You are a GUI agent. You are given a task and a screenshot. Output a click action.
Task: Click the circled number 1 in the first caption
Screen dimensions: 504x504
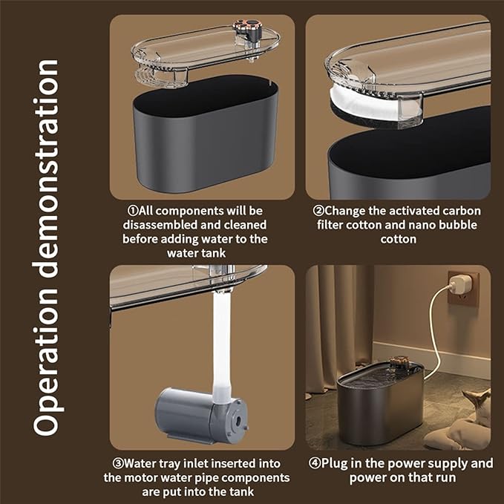coord(133,211)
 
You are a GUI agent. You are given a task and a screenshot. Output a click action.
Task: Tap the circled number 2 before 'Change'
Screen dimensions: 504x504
coord(318,211)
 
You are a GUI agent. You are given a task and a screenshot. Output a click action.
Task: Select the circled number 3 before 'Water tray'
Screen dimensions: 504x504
coord(118,463)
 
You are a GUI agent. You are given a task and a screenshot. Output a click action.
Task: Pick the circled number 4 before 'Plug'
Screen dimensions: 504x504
coord(315,463)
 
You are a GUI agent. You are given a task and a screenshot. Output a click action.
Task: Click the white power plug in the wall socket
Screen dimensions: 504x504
coord(456,286)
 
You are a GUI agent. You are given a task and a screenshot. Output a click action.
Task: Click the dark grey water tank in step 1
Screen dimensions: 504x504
coord(206,135)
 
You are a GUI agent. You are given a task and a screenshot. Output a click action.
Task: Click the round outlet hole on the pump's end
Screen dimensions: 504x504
coord(238,419)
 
